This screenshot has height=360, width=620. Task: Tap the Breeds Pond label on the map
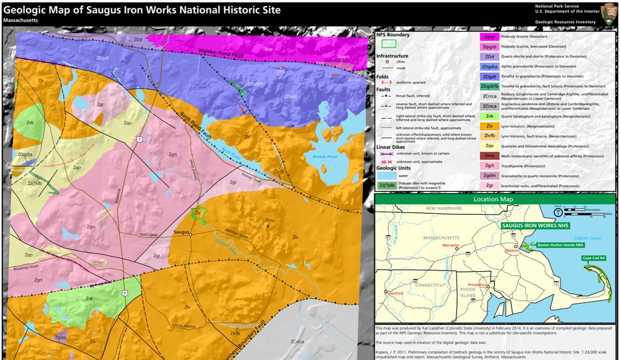tap(324, 156)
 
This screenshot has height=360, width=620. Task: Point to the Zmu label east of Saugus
tap(270, 221)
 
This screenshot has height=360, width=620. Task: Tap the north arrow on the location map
tap(558, 211)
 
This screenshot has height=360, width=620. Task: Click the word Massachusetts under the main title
tap(20, 20)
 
